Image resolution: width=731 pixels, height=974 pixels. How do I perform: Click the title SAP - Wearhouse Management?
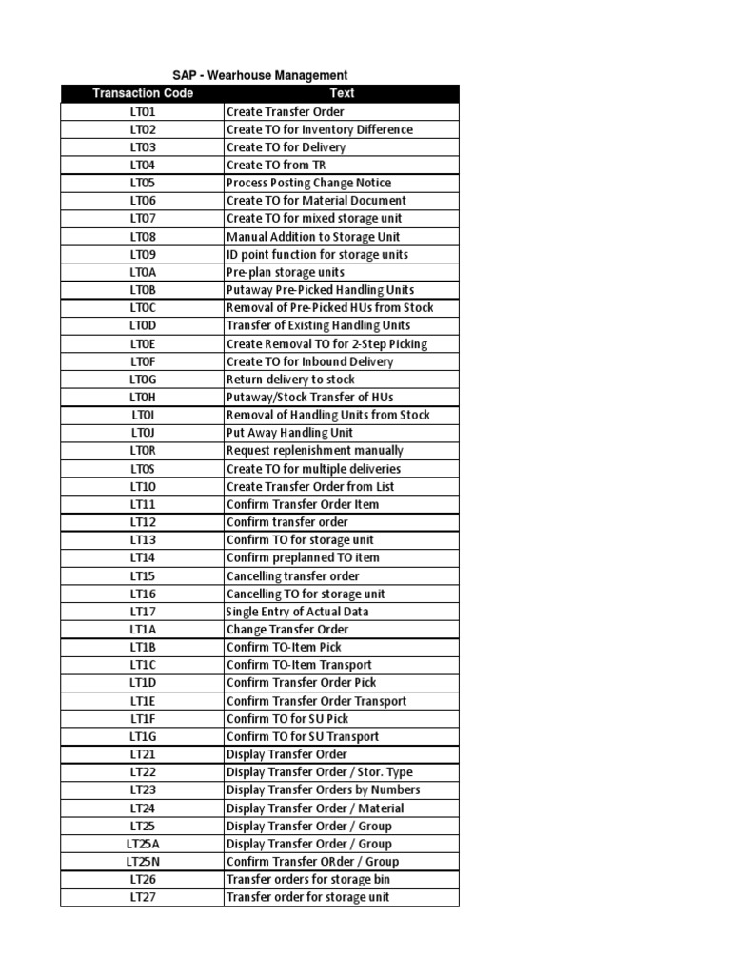click(x=260, y=75)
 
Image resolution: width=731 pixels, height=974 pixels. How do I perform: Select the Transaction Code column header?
click(x=143, y=93)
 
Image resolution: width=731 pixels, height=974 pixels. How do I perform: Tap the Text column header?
click(x=342, y=93)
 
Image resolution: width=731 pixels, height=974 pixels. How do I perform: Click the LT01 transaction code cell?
click(x=143, y=111)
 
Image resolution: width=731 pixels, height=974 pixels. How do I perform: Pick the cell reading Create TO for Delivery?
click(x=286, y=147)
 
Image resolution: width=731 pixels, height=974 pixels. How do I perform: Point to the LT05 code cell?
click(x=143, y=183)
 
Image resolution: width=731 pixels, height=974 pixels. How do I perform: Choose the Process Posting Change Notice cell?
click(x=308, y=183)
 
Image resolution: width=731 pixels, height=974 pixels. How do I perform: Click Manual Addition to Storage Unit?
click(x=313, y=237)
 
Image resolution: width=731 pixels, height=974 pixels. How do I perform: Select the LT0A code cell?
click(x=143, y=272)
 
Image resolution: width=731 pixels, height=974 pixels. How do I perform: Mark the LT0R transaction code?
click(x=143, y=451)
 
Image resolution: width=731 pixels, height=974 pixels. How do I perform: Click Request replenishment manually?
click(x=314, y=451)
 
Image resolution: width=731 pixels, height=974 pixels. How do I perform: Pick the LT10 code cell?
click(x=143, y=486)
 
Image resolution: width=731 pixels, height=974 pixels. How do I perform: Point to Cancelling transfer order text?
click(x=292, y=575)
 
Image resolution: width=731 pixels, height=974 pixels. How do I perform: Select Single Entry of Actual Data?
click(x=297, y=612)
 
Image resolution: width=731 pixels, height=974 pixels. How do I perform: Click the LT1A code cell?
click(x=143, y=630)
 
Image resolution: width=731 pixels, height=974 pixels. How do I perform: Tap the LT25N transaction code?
click(x=143, y=862)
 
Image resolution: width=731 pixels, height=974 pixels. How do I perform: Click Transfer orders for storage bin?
click(x=307, y=880)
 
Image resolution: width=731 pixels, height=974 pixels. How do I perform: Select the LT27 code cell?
click(x=143, y=897)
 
